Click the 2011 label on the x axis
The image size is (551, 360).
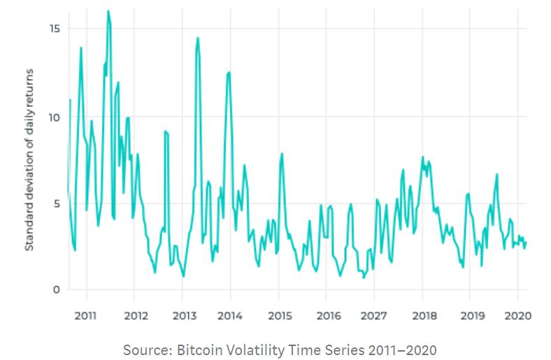point(85,316)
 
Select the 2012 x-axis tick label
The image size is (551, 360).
point(136,316)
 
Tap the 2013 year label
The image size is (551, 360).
point(184,316)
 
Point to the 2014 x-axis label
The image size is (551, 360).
point(230,316)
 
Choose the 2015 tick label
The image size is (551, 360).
point(280,316)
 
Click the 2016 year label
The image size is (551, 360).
point(329,316)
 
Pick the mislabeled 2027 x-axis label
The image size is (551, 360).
point(373,316)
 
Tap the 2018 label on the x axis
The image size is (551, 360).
point(424,316)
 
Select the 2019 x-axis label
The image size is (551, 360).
point(472,316)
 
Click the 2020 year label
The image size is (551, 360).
point(517,316)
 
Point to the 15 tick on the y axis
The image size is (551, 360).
point(55,29)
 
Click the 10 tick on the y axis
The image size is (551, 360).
point(55,117)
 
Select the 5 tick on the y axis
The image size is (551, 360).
point(57,203)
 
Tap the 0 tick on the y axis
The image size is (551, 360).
point(57,290)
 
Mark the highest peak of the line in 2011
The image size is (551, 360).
point(108,11)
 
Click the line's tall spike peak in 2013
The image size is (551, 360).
point(198,38)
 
